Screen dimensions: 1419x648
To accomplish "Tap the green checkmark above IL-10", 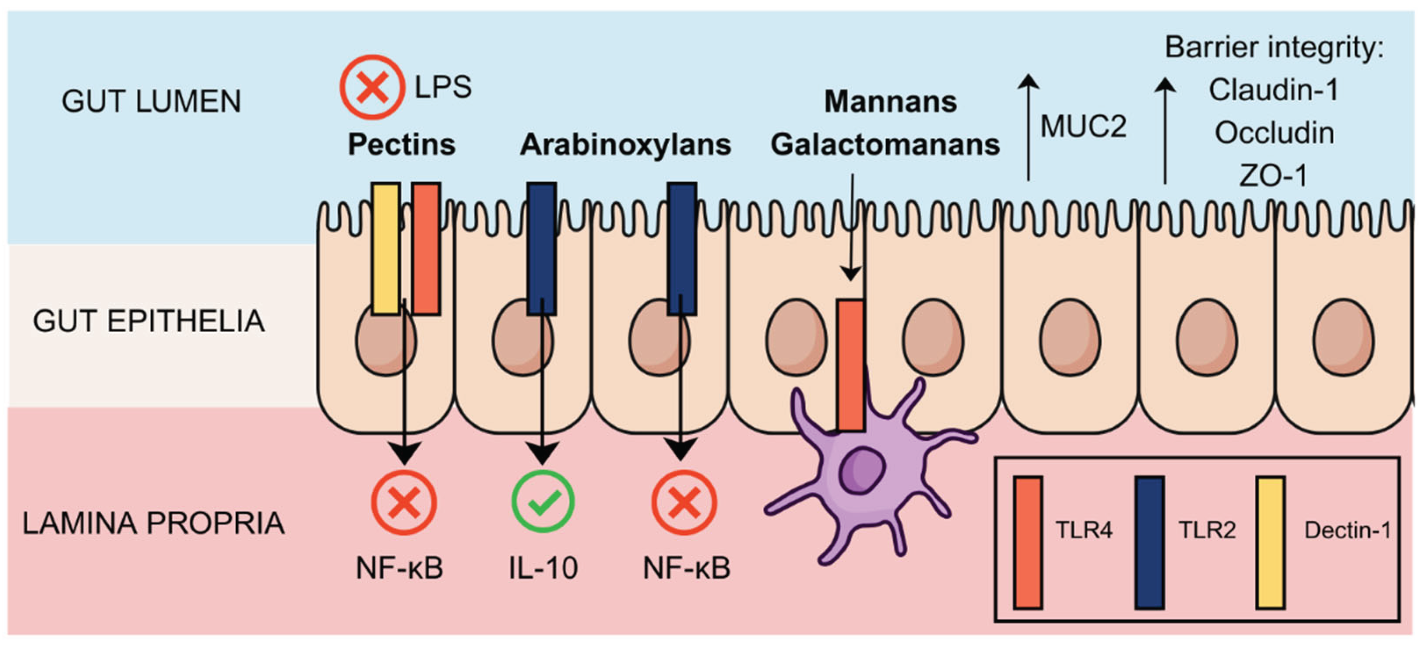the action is tap(543, 502).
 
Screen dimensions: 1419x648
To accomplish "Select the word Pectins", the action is tap(402, 145).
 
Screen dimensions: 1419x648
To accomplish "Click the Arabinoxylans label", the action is tap(625, 145).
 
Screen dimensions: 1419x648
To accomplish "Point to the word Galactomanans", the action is tap(885, 145).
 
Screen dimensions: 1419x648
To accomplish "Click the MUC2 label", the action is tap(1083, 126).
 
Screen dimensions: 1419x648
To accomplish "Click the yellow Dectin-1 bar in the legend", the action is tap(1270, 542).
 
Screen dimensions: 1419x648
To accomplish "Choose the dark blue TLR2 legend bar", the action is tap(1150, 542).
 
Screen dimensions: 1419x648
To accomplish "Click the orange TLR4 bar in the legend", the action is tap(1028, 542).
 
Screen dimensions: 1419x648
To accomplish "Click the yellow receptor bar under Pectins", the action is tap(385, 249).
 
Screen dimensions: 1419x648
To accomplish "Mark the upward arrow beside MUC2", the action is tap(1028, 128).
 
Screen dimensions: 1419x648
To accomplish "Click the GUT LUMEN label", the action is tap(152, 102).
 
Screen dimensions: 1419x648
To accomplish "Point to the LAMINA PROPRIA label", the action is tap(153, 523).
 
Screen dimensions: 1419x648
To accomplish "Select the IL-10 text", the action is tap(543, 568).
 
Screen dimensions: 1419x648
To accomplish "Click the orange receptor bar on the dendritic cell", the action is tap(851, 364).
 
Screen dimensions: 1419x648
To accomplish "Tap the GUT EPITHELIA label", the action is tap(149, 321).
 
